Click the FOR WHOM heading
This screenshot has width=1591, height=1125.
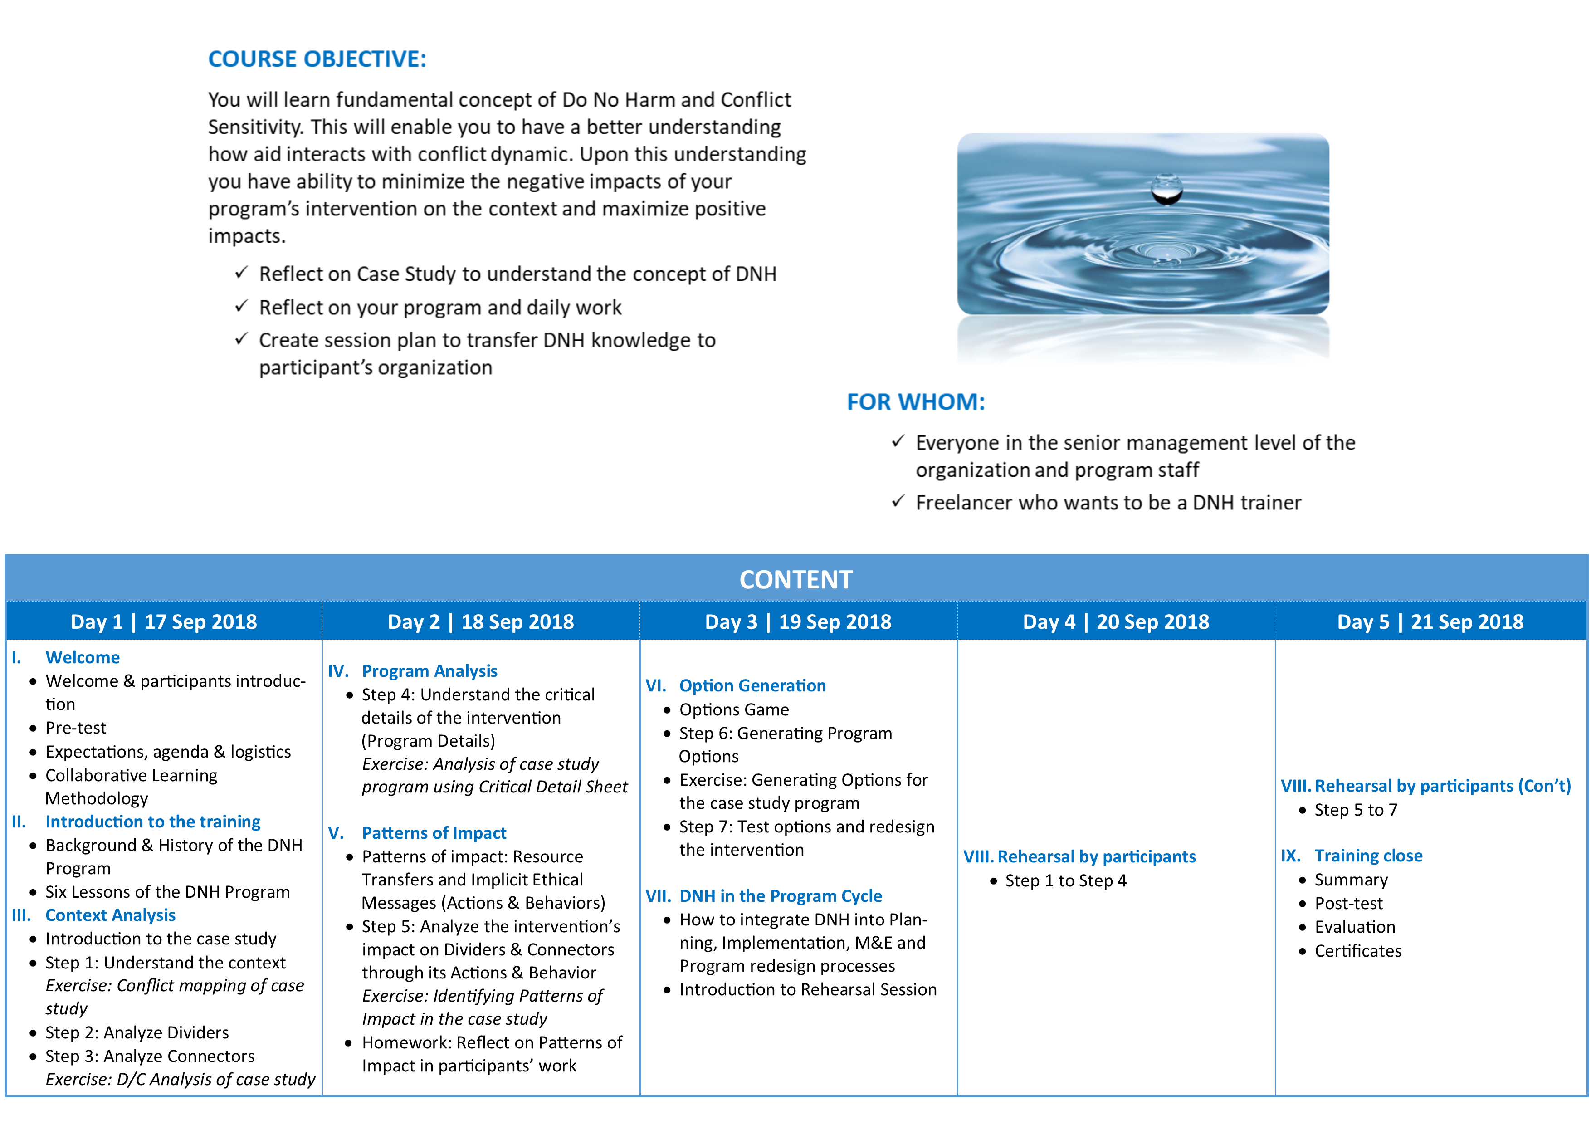915,402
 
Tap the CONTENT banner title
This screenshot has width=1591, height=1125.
795,579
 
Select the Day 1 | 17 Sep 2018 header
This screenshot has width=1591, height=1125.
164,622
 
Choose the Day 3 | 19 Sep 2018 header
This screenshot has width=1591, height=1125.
798,622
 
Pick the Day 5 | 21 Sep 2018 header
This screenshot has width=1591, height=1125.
1430,622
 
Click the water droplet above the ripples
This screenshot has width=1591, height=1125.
1167,189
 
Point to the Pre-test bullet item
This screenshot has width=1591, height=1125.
76,728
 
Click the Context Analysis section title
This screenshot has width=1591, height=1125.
110,915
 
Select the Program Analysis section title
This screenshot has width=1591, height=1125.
429,671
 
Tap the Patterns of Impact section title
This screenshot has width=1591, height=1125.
434,833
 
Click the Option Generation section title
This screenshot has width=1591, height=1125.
752,685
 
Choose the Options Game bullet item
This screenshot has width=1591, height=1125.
734,710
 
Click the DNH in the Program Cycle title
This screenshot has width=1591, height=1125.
780,896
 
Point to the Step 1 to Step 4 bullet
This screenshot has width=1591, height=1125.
1066,881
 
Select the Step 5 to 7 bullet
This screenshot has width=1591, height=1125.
1356,810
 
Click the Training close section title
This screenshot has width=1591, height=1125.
1369,856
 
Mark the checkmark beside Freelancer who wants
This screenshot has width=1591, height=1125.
898,501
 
